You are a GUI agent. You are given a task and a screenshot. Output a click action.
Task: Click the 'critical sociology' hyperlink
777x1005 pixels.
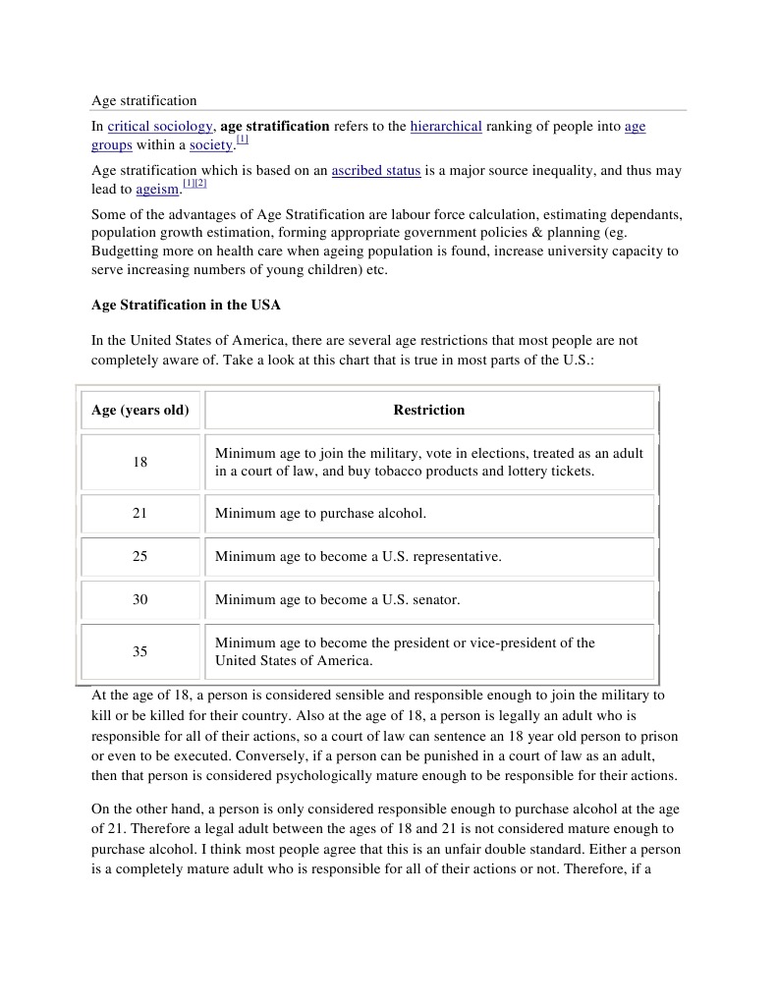pyautogui.click(x=160, y=127)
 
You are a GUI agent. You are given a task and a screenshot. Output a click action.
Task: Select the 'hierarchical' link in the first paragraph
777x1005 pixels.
pyautogui.click(x=445, y=127)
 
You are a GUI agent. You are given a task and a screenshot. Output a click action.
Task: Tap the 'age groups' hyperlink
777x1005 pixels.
pyautogui.click(x=635, y=127)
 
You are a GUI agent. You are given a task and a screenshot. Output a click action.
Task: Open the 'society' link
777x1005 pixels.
pyautogui.click(x=211, y=145)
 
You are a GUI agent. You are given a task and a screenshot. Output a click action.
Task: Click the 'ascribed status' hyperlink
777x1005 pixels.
pyautogui.click(x=375, y=171)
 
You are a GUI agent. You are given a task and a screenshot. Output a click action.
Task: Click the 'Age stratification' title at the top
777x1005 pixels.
pyautogui.click(x=143, y=100)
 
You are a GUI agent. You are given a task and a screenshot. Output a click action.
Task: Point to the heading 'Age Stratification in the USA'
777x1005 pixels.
pyautogui.click(x=186, y=305)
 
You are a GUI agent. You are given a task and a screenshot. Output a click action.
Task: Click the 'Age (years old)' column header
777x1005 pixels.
pyautogui.click(x=140, y=410)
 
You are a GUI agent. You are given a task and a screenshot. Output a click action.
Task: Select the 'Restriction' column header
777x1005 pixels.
pyautogui.click(x=429, y=410)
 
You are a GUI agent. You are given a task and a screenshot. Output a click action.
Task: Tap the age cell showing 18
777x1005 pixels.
pyautogui.click(x=140, y=462)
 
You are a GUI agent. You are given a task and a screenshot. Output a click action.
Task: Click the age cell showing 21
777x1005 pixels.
pyautogui.click(x=140, y=513)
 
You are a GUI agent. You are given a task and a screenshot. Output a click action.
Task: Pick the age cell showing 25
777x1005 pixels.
pyautogui.click(x=140, y=556)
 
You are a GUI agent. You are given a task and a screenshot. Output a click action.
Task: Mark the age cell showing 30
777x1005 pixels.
pyautogui.click(x=140, y=599)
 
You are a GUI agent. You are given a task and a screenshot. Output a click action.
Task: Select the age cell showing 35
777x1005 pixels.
pyautogui.click(x=140, y=651)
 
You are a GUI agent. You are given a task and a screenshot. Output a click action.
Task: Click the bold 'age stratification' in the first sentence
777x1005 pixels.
pyautogui.click(x=274, y=127)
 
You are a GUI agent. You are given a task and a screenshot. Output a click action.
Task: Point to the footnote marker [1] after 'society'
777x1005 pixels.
pyautogui.click(x=242, y=140)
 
